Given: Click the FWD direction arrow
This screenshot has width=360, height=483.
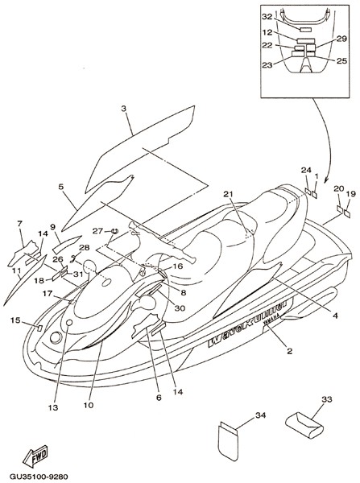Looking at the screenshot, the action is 35,456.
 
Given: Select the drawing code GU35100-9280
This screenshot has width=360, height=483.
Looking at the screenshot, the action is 39,477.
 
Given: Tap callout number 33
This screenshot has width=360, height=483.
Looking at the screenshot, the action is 327,399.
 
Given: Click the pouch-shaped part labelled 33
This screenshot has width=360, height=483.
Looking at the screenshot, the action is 304,425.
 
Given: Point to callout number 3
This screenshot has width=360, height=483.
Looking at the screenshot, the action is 123,109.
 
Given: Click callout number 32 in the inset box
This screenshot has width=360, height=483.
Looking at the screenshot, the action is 267,17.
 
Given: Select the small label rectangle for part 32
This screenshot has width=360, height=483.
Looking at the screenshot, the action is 305,30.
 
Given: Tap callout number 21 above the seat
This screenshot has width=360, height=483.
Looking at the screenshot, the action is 228,194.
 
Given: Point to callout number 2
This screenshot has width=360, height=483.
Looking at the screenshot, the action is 289,351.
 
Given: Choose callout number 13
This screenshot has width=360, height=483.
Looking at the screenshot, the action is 53,407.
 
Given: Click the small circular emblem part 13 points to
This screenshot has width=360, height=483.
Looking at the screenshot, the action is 69,323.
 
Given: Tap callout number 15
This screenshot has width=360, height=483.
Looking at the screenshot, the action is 15,320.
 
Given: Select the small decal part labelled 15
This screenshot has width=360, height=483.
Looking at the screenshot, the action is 39,328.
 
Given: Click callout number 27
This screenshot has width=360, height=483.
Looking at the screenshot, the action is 98,231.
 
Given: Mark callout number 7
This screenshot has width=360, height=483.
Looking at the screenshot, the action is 20,224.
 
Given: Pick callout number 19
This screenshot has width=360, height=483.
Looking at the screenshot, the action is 351,194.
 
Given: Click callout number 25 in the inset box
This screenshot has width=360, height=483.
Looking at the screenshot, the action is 341,61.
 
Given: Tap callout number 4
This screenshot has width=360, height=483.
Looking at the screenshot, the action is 335,316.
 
